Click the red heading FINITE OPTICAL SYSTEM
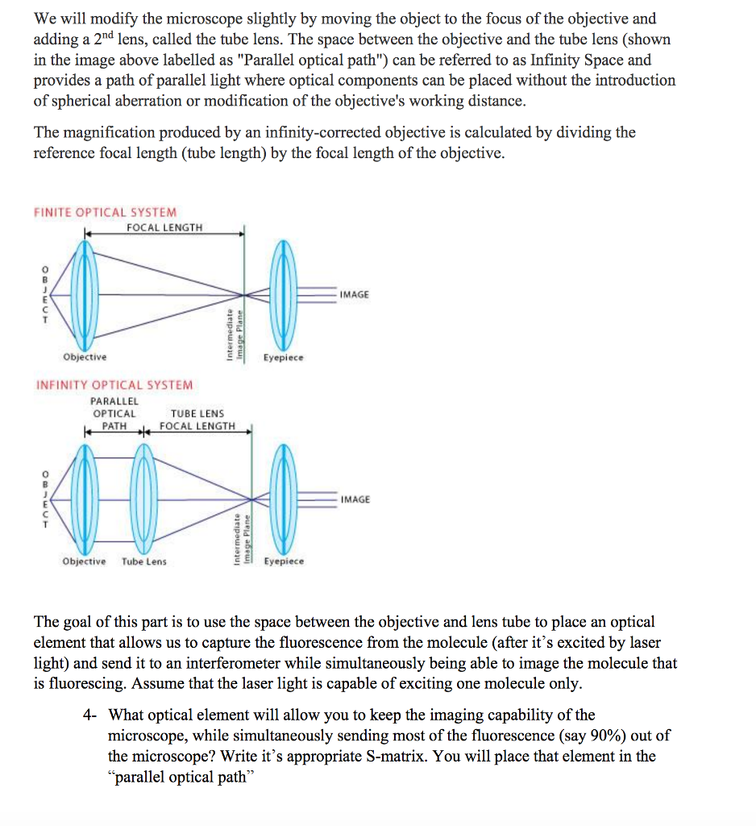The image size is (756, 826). pyautogui.click(x=106, y=212)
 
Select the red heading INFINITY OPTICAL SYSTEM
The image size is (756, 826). pyautogui.click(x=114, y=386)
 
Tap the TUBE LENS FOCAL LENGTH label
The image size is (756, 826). pyautogui.click(x=197, y=419)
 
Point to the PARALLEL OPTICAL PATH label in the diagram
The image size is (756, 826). pyautogui.click(x=114, y=413)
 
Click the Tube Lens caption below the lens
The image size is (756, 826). pyautogui.click(x=144, y=561)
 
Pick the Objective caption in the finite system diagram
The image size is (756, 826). pyautogui.click(x=85, y=357)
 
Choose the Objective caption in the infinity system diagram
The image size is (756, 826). pyautogui.click(x=84, y=561)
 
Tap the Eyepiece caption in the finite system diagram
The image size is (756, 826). pyautogui.click(x=283, y=357)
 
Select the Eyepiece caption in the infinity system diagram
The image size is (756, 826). pyautogui.click(x=284, y=561)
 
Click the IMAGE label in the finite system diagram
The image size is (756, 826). pyautogui.click(x=355, y=294)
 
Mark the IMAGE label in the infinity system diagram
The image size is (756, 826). pyautogui.click(x=355, y=499)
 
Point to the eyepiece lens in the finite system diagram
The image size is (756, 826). pyautogui.click(x=283, y=294)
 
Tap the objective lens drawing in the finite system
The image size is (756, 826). pyautogui.click(x=84, y=294)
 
